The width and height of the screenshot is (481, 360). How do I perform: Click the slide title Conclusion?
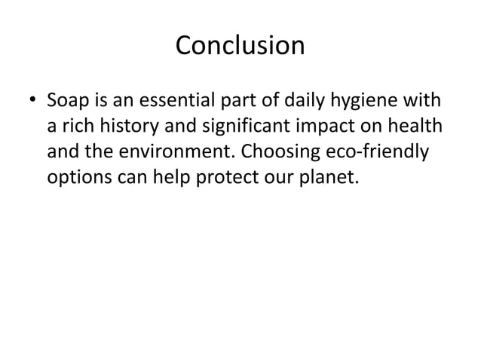coord(240,47)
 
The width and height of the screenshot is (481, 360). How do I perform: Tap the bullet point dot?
coord(31,101)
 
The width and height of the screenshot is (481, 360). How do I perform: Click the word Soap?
coord(67,99)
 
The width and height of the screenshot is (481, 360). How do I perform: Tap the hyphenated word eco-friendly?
coord(385,154)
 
